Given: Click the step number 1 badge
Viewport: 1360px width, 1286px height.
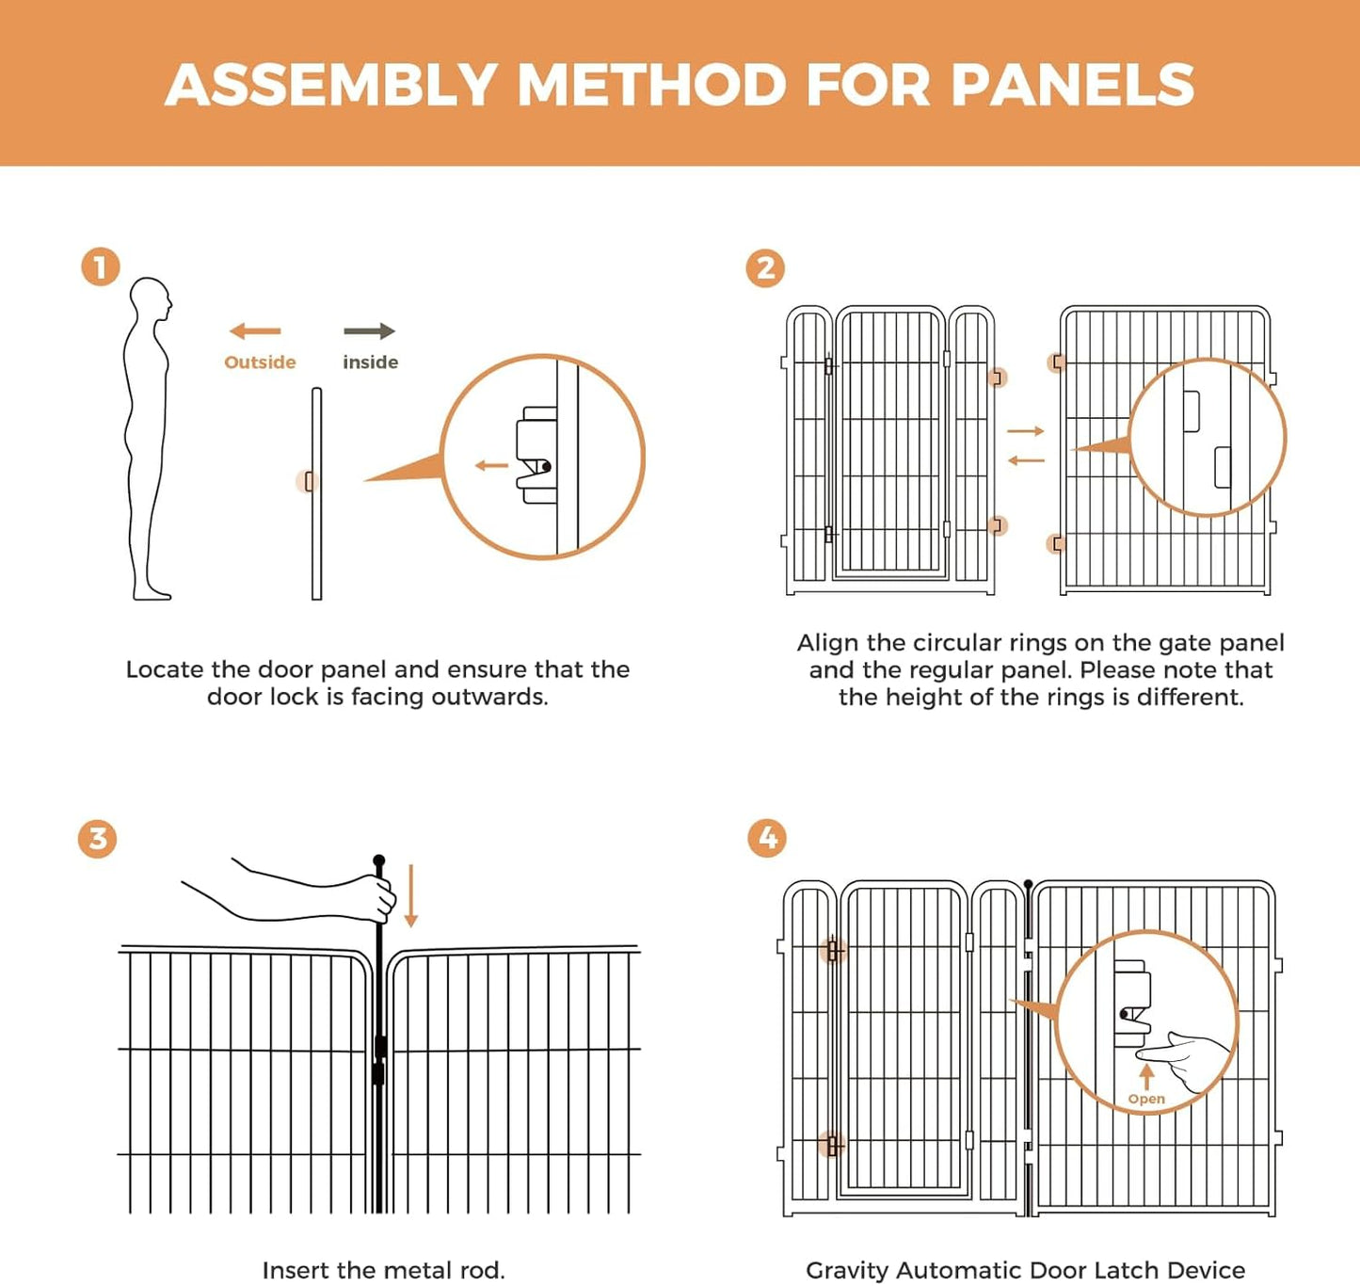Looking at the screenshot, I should (101, 267).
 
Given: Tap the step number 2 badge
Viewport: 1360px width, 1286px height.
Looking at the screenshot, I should (765, 268).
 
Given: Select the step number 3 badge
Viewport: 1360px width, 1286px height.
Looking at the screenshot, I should (98, 838).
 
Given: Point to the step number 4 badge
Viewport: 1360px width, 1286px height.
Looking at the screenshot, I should (767, 838).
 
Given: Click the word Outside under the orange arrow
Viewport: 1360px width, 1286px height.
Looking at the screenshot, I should (260, 362).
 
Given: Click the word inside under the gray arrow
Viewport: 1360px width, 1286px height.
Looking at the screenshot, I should (370, 362).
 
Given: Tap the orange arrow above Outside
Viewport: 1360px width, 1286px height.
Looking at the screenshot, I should (255, 331).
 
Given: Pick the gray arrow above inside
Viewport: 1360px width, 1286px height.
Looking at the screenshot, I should (369, 331).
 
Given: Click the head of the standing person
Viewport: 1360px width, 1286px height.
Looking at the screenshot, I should (151, 300).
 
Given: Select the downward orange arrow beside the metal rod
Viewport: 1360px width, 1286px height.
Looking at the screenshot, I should (410, 897).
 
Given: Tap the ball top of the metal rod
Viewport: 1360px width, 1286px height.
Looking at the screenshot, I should (379, 860).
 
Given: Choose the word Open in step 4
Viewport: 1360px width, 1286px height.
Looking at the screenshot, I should (1146, 1099).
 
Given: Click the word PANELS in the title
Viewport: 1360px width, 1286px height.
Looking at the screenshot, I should (1072, 85).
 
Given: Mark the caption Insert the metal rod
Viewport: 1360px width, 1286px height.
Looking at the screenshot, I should (383, 1270).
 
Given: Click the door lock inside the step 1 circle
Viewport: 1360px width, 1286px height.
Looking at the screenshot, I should (536, 457).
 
